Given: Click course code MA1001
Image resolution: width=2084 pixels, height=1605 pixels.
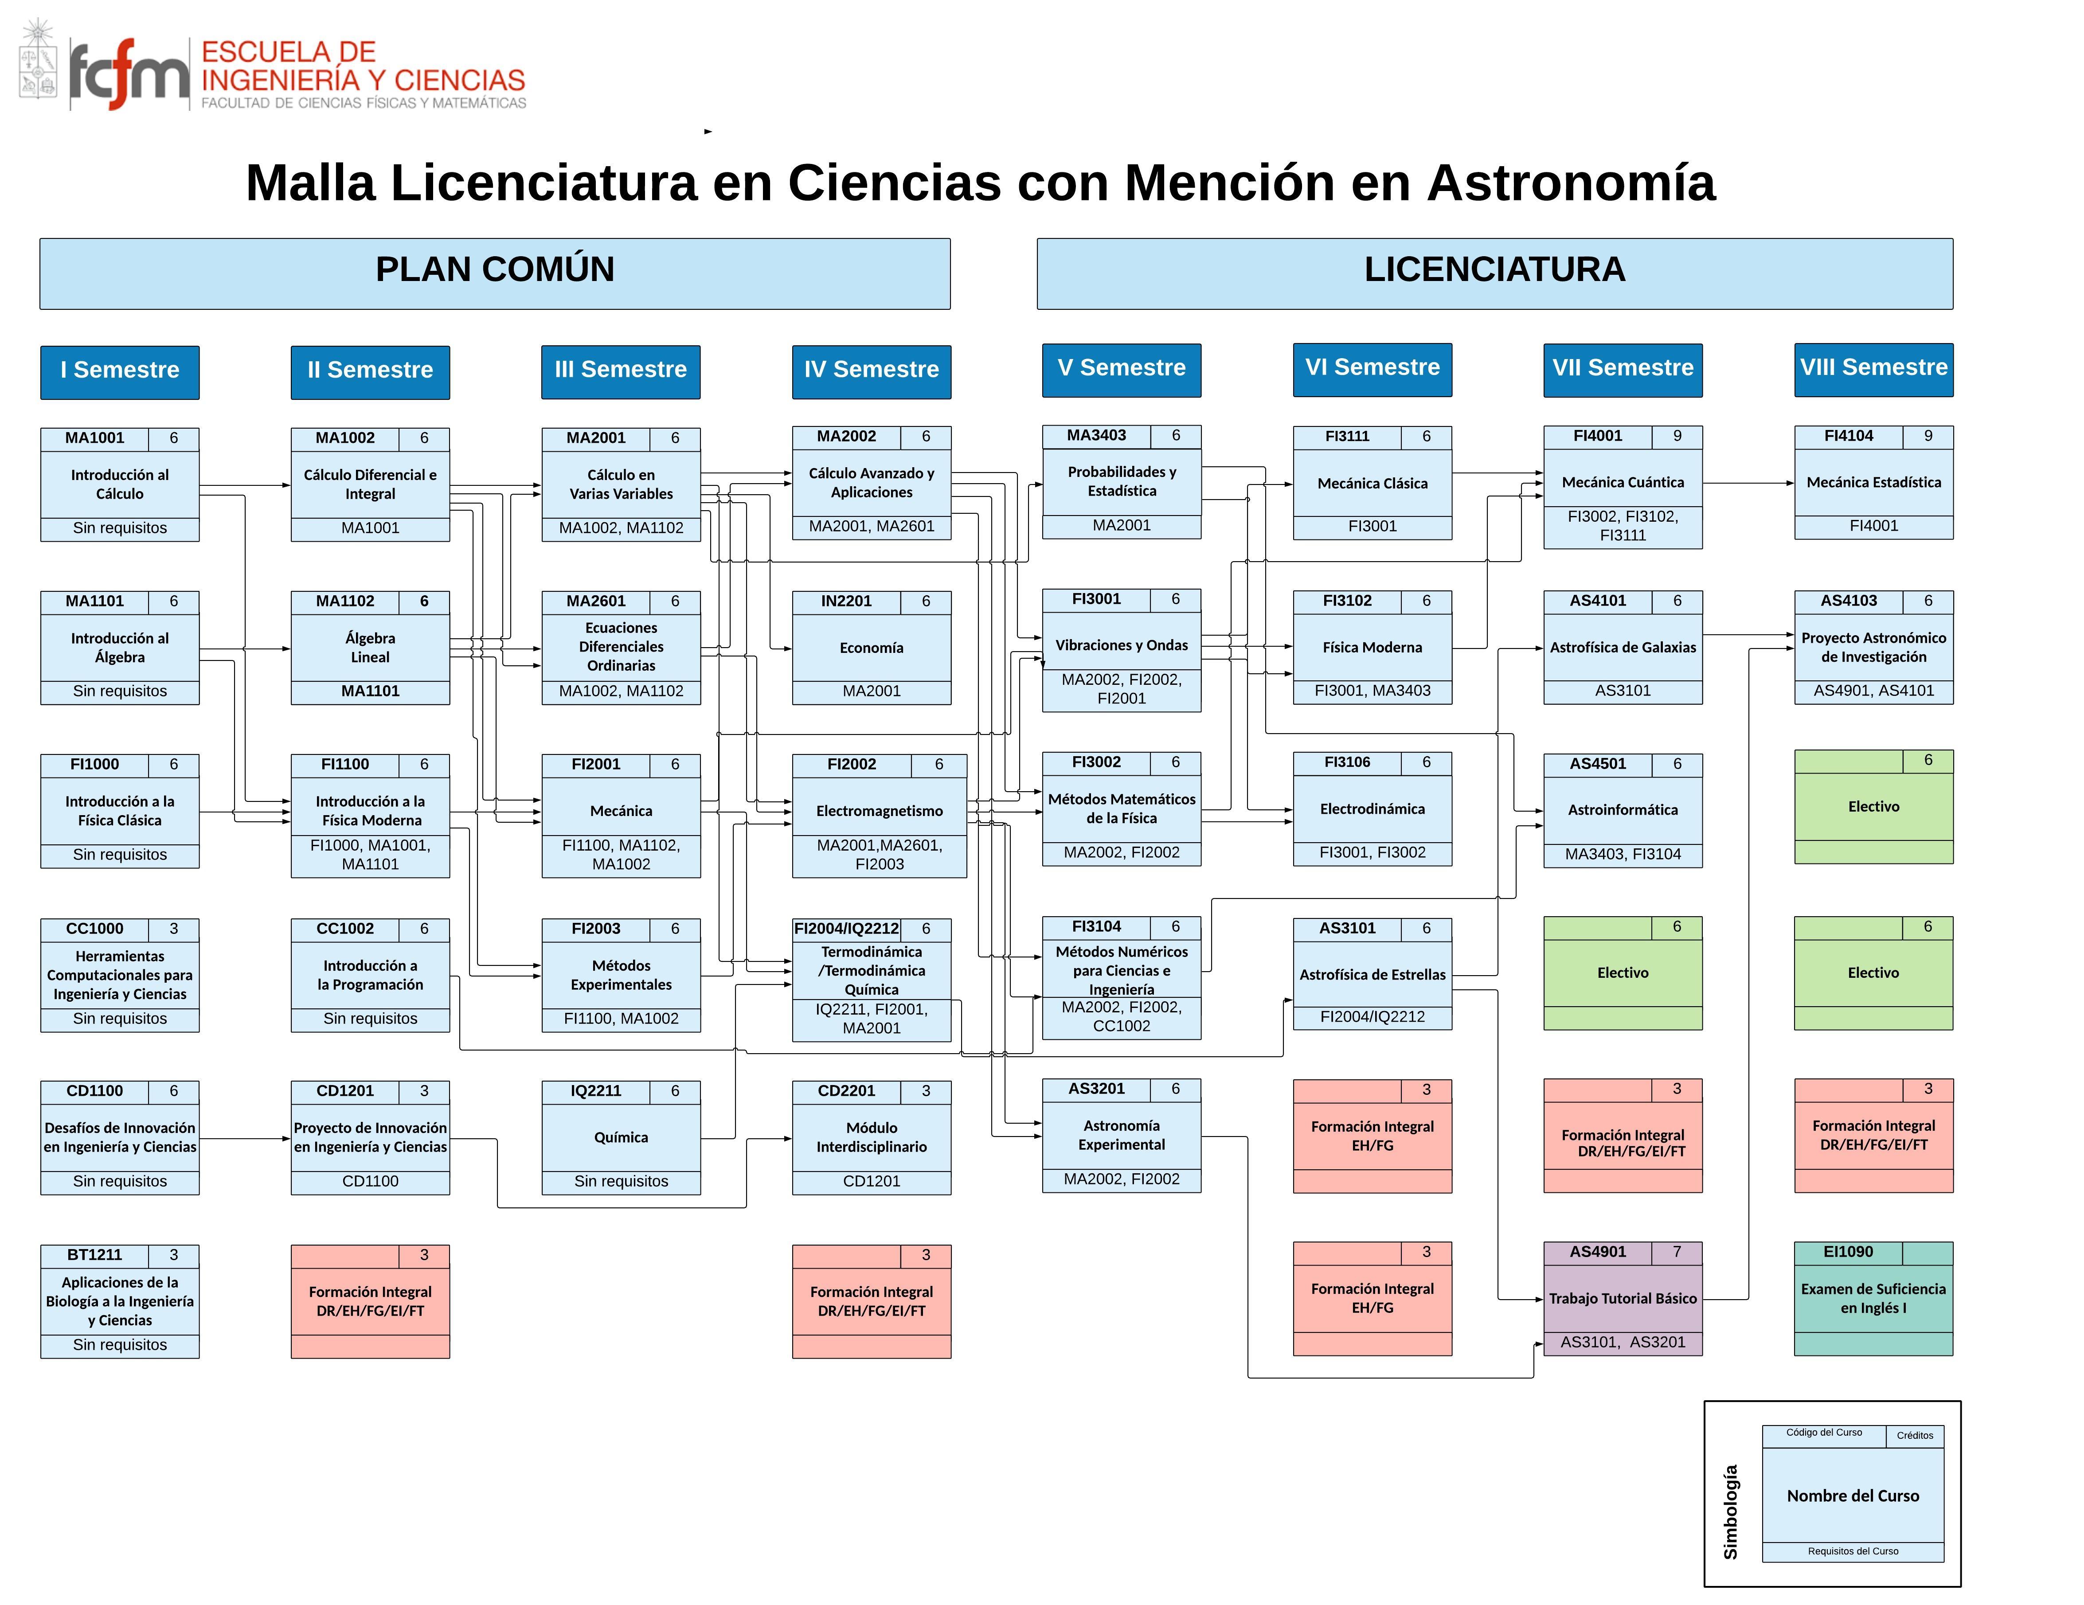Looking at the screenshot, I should pos(94,438).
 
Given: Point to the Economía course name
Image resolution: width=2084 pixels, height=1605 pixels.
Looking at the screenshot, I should pos(871,648).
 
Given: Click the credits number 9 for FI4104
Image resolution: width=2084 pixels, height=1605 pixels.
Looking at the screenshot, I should pos(1928,436).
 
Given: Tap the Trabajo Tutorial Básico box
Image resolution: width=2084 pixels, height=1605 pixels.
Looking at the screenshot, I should pos(1622,1299).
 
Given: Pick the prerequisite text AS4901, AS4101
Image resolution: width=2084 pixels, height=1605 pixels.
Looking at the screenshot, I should pos(1873,691).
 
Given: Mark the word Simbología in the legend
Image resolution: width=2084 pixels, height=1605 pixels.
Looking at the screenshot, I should pos(1730,1512).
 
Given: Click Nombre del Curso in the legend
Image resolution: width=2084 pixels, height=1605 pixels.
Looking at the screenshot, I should pos(1852,1496).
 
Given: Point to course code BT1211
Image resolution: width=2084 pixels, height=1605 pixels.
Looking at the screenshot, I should pos(94,1255).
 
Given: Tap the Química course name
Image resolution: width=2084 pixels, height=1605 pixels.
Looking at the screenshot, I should pos(621,1137).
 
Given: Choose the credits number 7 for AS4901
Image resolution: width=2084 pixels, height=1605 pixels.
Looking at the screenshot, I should pos(1677,1252).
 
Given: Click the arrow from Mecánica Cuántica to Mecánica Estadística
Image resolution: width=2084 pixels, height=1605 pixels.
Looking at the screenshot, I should pos(1748,483).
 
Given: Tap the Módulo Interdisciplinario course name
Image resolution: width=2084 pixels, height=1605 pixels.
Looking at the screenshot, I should pos(871,1137).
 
